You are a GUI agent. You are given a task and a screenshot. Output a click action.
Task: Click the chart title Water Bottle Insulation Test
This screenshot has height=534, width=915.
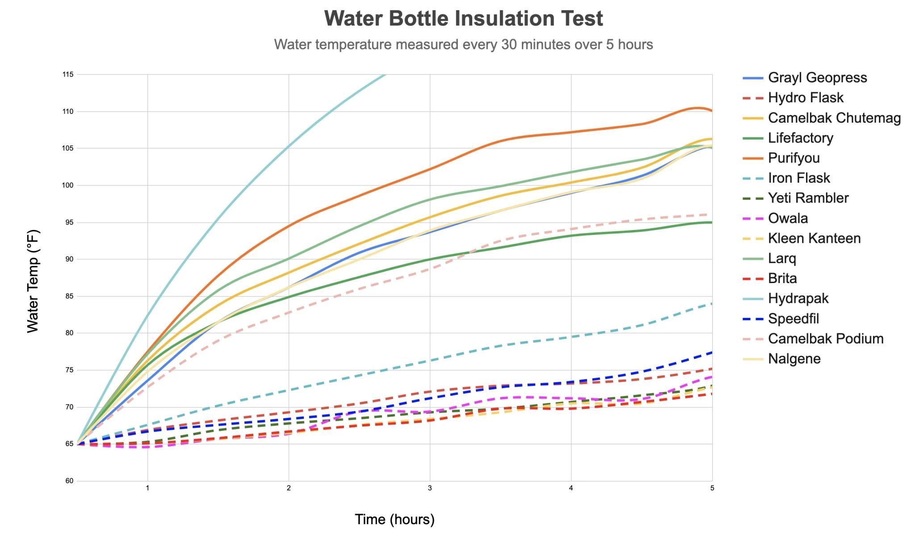tap(463, 19)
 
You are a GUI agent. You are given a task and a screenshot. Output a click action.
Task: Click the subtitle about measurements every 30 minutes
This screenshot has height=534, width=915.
tap(463, 44)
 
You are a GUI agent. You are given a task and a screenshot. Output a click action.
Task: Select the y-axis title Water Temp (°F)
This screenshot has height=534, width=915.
tap(33, 281)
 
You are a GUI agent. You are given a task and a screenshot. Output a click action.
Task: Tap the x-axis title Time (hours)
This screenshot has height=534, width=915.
tap(395, 519)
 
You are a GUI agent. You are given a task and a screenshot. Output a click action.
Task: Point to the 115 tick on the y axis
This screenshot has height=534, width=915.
tap(68, 75)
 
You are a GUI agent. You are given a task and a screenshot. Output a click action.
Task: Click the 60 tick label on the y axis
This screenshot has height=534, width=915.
tap(69, 481)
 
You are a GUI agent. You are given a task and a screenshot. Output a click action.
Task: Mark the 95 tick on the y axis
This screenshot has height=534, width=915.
tap(69, 222)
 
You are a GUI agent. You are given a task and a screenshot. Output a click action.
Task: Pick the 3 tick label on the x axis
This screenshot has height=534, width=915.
tap(430, 488)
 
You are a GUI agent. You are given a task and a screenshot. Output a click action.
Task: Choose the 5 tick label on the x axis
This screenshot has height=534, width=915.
tap(712, 488)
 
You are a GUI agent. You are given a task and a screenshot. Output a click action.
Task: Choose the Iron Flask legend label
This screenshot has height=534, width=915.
tap(799, 178)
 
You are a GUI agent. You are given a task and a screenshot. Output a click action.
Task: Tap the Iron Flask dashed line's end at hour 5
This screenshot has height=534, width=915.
tap(712, 304)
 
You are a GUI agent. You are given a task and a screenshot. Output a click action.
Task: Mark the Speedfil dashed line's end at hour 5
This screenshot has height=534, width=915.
tap(712, 352)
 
